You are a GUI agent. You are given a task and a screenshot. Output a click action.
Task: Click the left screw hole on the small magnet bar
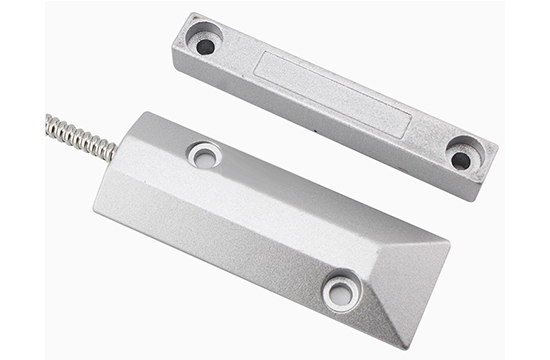point(206,46)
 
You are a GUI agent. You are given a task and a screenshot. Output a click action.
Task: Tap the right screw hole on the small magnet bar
point(461,160)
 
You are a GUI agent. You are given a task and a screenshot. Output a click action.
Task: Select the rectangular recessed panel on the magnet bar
point(331,95)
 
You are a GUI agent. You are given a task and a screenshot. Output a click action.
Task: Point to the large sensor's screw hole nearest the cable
point(205,155)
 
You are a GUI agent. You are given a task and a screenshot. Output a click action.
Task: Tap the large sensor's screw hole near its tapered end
point(342,291)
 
